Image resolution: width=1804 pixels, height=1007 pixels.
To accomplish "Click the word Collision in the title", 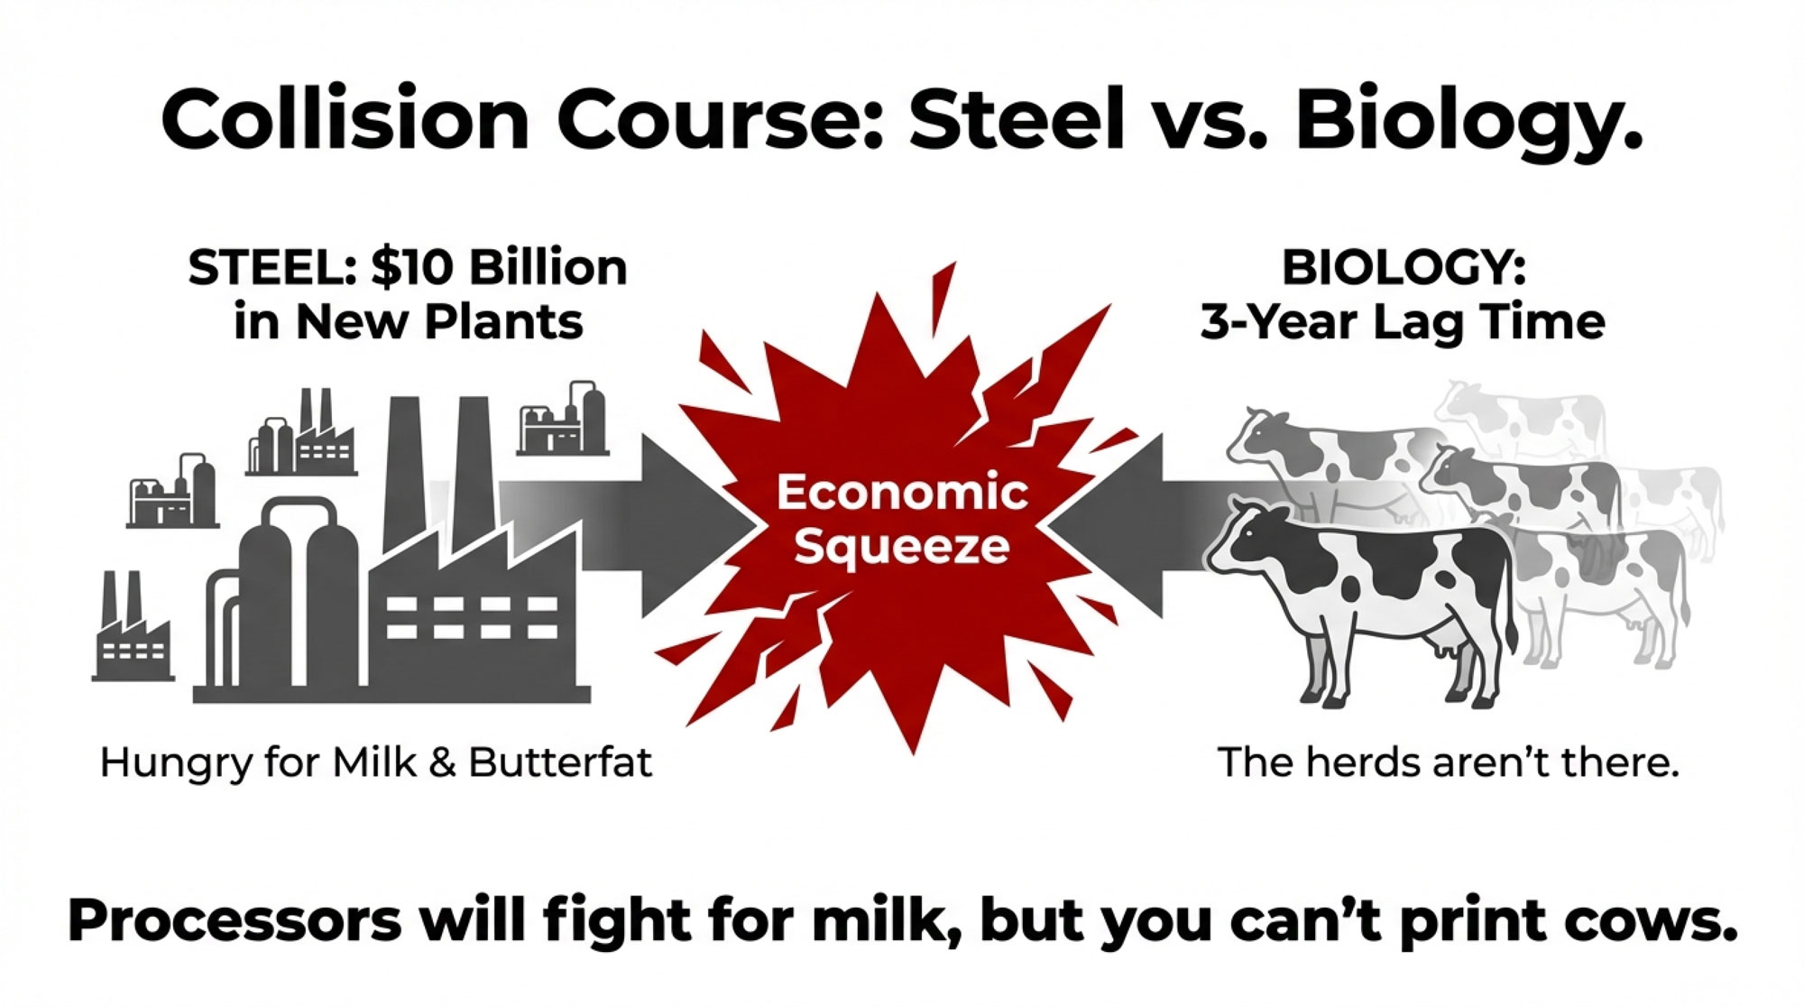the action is coord(345,119).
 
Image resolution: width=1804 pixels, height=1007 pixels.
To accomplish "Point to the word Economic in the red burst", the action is coord(902,492).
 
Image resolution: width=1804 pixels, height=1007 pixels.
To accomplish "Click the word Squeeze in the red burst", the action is coord(902,547).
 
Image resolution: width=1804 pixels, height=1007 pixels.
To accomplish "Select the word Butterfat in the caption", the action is coord(560,762).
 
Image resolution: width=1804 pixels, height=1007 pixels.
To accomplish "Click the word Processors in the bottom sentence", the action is coord(235,921).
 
